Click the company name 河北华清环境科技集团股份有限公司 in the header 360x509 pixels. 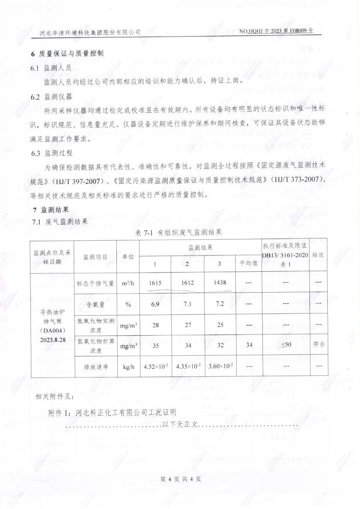(90, 32)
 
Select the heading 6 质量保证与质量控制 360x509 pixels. (67, 54)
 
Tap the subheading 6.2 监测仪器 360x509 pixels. (51, 96)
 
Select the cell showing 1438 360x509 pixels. (220, 283)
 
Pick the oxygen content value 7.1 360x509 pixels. (188, 304)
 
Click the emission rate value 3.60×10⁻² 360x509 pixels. (220, 367)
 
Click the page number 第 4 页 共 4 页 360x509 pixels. (180, 479)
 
